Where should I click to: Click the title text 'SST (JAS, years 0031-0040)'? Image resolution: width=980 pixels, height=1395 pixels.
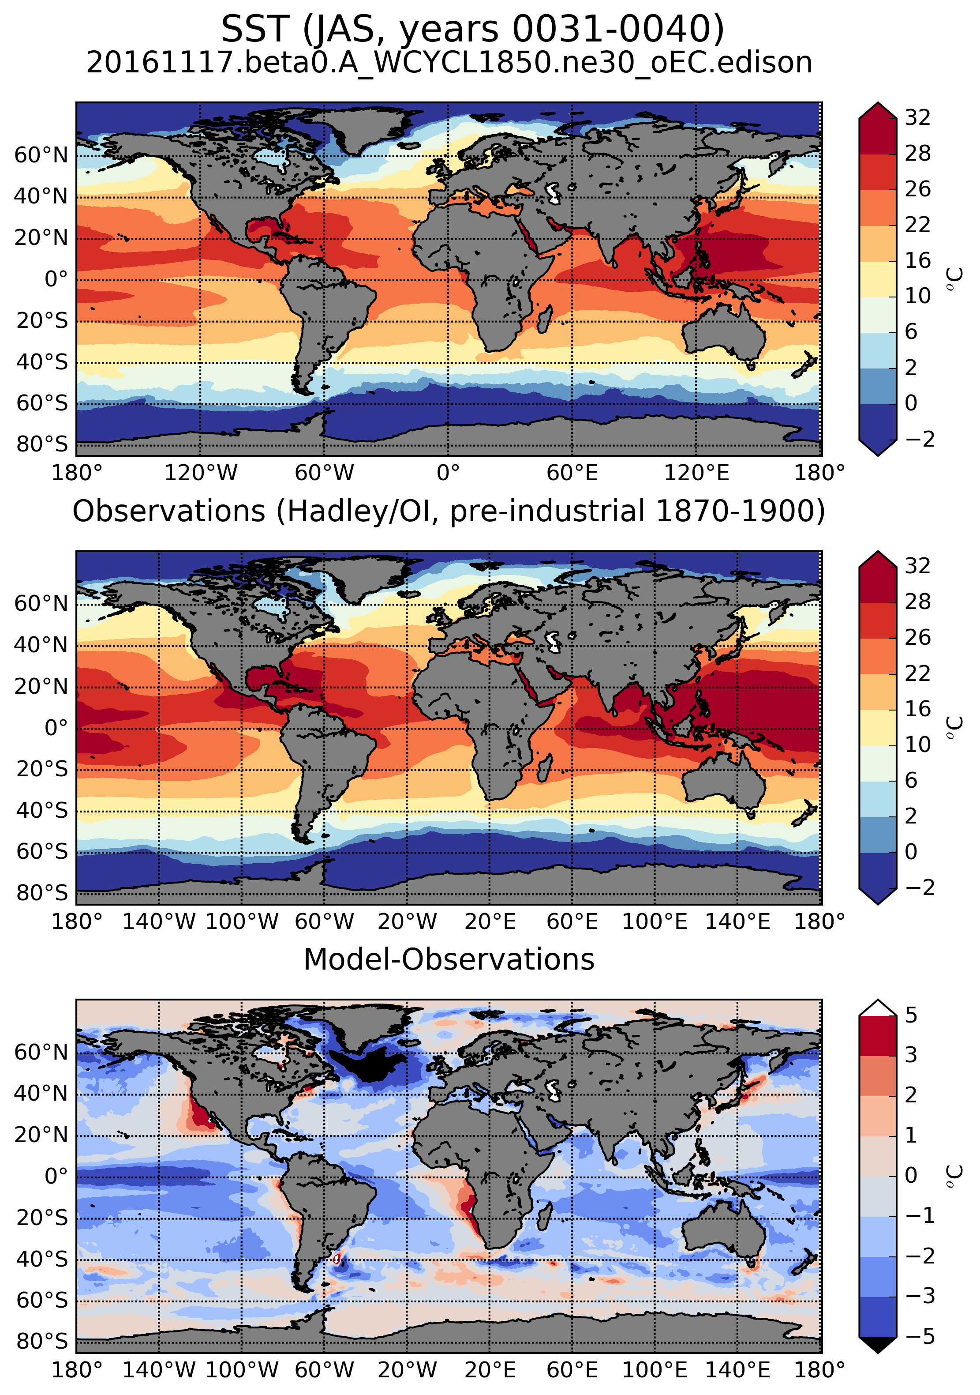point(472,29)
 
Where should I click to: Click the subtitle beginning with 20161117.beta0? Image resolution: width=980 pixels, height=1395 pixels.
point(449,63)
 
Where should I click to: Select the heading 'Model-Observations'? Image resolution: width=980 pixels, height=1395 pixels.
point(449,959)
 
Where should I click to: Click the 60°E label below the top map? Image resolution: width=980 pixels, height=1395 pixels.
point(572,472)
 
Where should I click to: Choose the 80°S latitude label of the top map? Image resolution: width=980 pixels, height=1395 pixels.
point(42,444)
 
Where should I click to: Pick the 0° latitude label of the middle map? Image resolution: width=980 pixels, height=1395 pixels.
point(56,727)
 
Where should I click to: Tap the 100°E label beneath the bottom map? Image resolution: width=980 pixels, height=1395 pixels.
point(655,1370)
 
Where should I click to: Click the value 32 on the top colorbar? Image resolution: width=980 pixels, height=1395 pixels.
point(917,117)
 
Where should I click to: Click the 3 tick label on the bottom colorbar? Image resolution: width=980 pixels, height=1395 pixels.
point(911,1055)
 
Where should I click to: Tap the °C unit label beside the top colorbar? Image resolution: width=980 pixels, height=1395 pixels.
point(954,279)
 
